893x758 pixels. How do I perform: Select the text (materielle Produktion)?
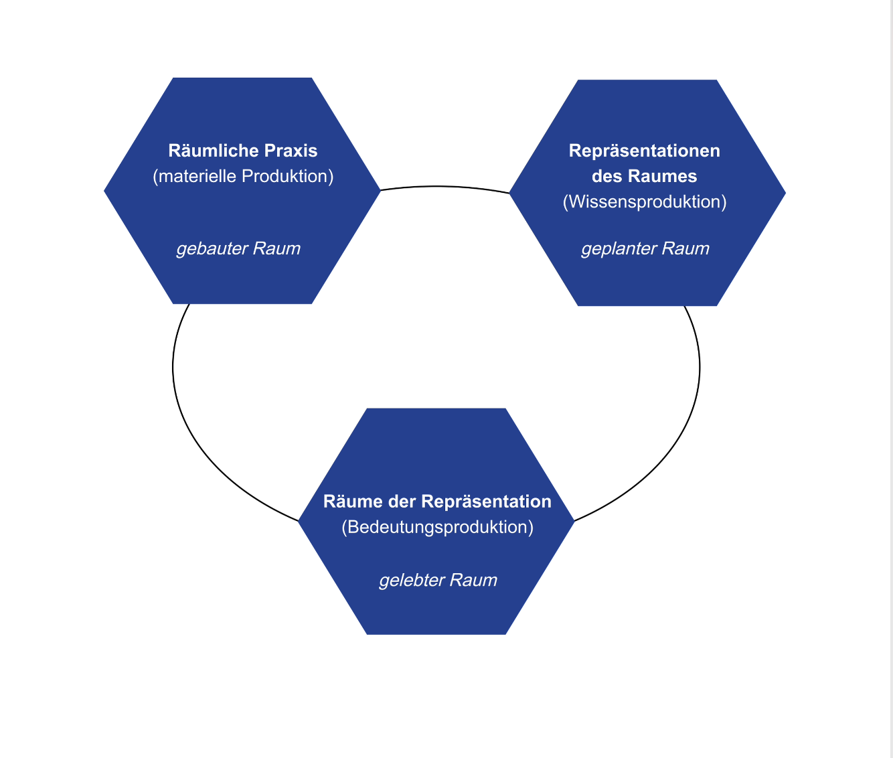[x=243, y=176]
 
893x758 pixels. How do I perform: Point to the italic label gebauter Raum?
[x=238, y=249]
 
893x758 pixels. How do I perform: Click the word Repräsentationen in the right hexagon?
[x=645, y=151]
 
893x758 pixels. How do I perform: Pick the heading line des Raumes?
[x=645, y=176]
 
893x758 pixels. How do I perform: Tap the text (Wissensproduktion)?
[x=645, y=202]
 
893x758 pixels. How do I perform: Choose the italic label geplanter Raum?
[x=645, y=249]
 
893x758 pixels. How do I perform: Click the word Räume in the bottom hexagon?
[x=347, y=502]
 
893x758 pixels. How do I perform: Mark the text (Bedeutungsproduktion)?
[x=438, y=527]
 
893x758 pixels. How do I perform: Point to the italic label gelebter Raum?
[x=438, y=580]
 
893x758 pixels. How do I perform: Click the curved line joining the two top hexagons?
[x=436, y=186]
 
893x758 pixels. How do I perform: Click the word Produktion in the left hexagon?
[x=288, y=176]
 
